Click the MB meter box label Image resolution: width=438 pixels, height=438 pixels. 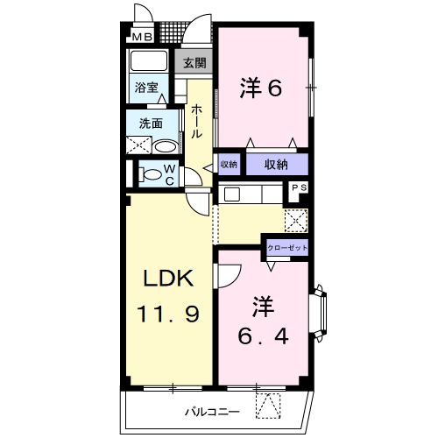142,37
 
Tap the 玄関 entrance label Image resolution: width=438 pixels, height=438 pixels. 195,62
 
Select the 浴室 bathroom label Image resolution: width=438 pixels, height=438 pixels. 146,88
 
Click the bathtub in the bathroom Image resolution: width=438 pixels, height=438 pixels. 150,62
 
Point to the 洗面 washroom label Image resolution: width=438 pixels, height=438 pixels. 151,123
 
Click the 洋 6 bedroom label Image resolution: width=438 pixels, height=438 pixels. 261,88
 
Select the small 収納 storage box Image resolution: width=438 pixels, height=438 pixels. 229,164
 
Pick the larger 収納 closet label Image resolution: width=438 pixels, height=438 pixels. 277,164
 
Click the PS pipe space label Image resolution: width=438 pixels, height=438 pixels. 299,187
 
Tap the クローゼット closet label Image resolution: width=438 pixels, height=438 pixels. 287,248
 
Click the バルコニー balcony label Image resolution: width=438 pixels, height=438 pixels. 212,411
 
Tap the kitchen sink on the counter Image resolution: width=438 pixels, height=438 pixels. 232,194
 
